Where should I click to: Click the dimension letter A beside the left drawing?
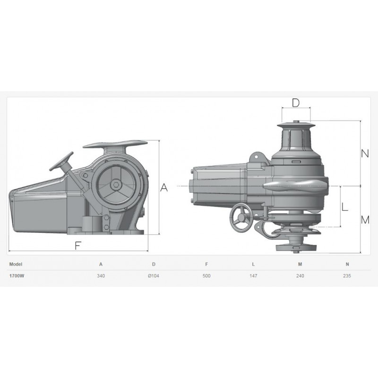[164, 187]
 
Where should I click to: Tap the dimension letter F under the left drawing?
[77, 245]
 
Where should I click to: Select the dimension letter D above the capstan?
[296, 103]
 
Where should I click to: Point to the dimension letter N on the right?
[365, 153]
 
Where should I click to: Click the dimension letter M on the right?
[365, 220]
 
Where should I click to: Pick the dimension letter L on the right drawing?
[345, 206]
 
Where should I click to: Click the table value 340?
[101, 276]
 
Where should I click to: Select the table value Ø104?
[154, 276]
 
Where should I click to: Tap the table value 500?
[206, 276]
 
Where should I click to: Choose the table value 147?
[253, 276]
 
